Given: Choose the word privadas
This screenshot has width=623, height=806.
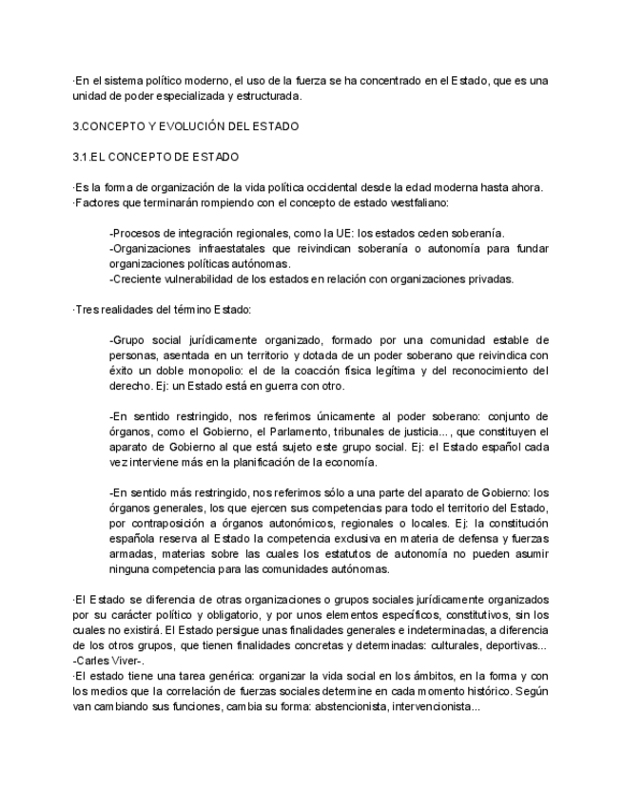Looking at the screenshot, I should [x=490, y=278].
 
